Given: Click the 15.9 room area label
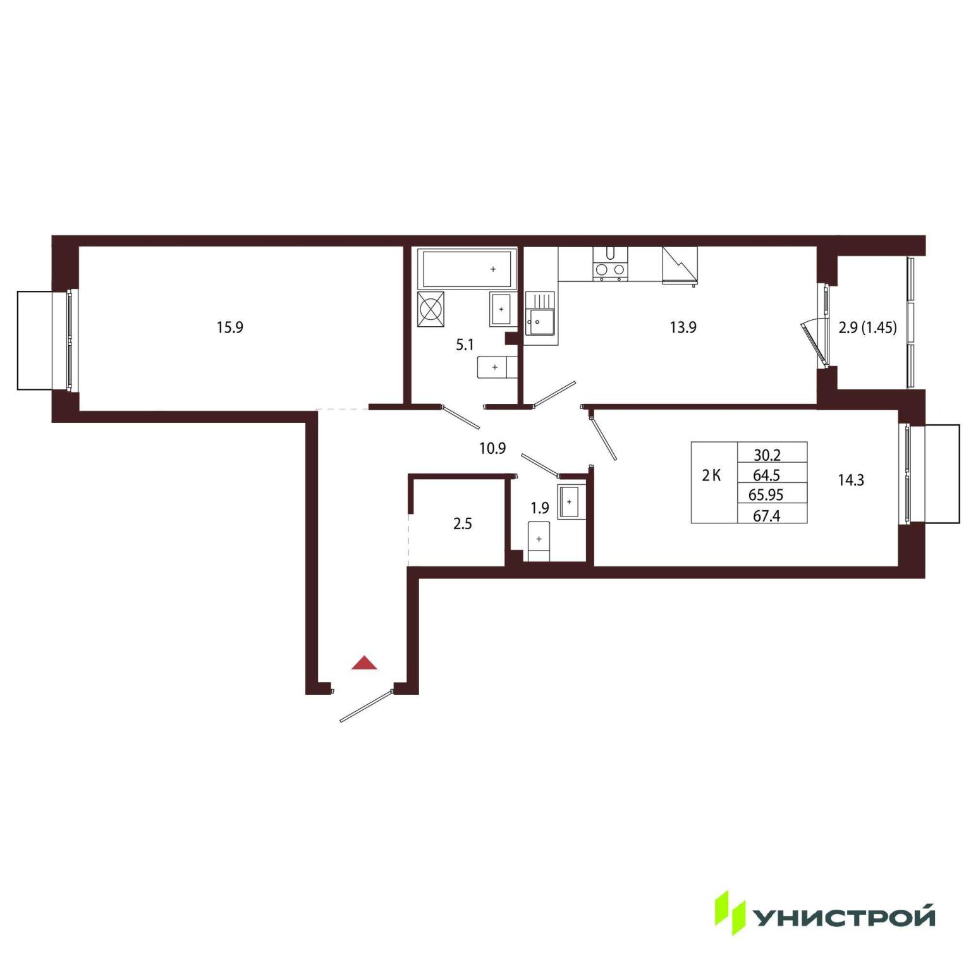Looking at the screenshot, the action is [x=230, y=327].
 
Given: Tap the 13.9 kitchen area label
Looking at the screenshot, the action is [x=683, y=327].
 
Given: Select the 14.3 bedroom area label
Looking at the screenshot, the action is [x=851, y=480].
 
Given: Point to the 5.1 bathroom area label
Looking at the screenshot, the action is [x=465, y=345].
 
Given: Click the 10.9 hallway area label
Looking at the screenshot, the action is [x=492, y=449].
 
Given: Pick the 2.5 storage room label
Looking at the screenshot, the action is [x=463, y=524].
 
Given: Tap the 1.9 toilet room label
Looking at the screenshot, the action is [x=540, y=508].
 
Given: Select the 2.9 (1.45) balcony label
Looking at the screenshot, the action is [x=867, y=327].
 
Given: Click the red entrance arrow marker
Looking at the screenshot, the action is [x=365, y=663].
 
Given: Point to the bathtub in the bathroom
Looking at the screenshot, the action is [x=467, y=269].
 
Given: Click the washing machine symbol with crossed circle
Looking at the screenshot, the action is [x=431, y=309].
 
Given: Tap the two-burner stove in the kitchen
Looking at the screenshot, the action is [x=610, y=264].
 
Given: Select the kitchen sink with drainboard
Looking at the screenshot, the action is [x=540, y=314].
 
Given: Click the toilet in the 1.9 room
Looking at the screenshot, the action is [x=539, y=541].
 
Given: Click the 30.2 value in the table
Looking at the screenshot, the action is [x=767, y=455].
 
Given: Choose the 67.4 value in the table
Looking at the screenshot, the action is [x=766, y=516].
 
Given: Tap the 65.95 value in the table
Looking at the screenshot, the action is [x=766, y=495].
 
